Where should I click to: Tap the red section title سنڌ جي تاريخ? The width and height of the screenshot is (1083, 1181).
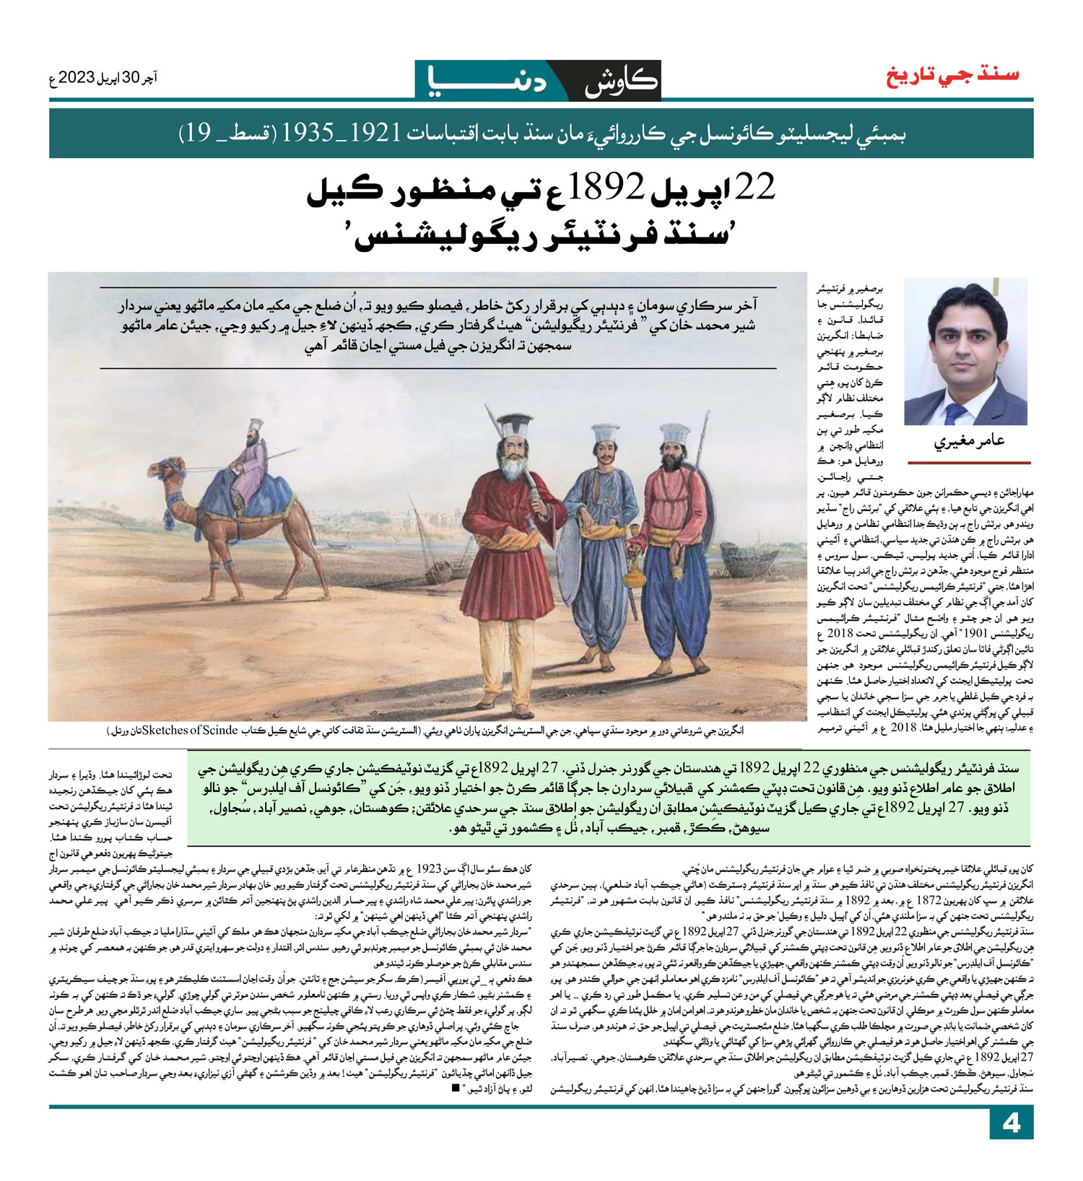click(x=952, y=75)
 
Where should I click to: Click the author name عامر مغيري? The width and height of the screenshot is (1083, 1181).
click(x=969, y=440)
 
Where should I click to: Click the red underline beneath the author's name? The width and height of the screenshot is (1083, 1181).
click(x=969, y=462)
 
